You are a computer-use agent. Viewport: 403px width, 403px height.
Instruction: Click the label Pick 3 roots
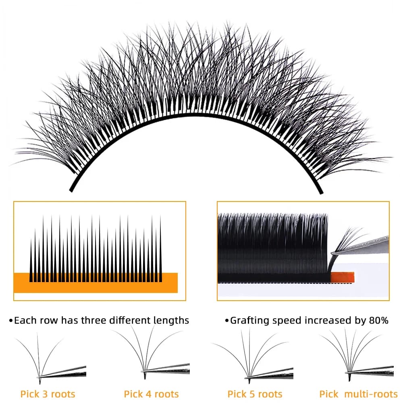click(x=48, y=394)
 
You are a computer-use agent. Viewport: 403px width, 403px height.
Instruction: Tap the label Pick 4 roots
click(x=151, y=394)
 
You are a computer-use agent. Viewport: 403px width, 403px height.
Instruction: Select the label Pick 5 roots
click(x=255, y=394)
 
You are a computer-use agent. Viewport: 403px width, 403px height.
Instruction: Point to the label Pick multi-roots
click(x=358, y=394)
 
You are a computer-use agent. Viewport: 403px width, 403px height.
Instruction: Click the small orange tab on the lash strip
click(x=342, y=277)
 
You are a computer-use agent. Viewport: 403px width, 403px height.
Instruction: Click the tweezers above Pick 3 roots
click(x=63, y=372)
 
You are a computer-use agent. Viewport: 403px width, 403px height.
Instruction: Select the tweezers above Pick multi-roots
click(x=370, y=369)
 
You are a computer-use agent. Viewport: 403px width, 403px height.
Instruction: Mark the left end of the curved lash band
click(x=71, y=191)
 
